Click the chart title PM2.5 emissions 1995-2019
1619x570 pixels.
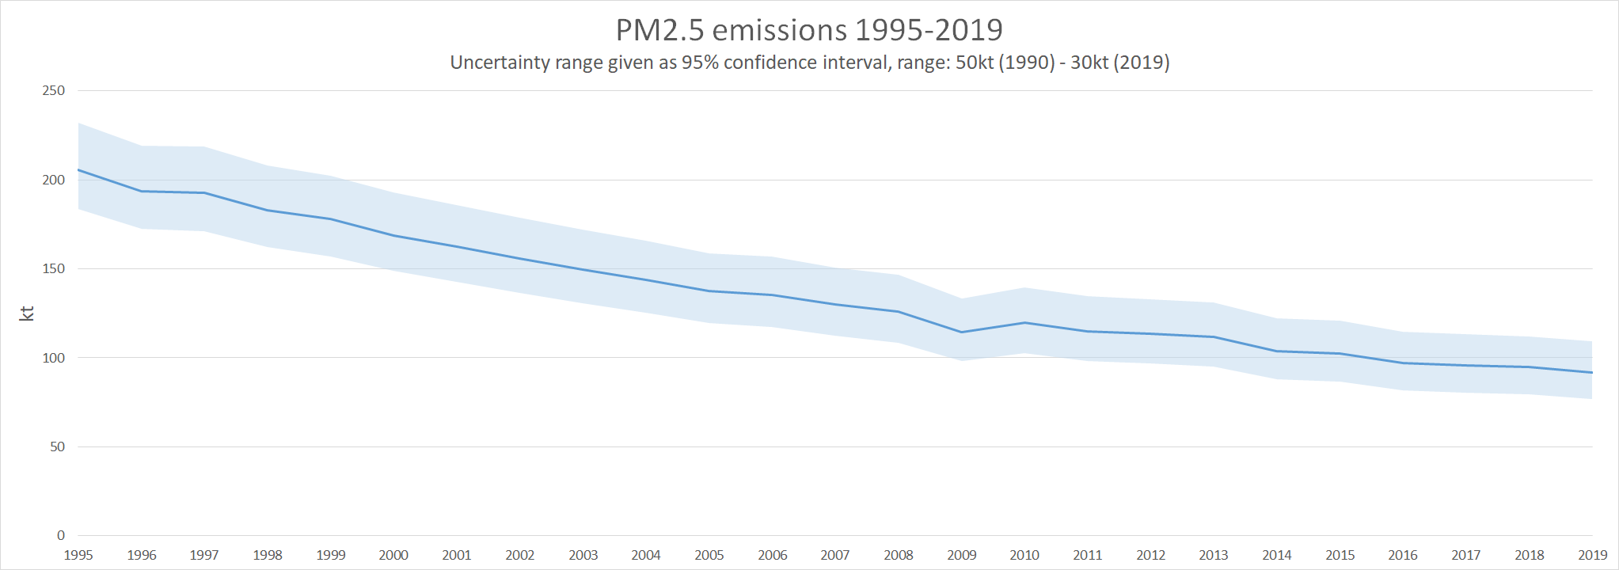(809, 30)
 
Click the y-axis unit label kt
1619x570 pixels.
(27, 313)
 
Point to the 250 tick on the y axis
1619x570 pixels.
(54, 91)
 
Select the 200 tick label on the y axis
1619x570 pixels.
(54, 180)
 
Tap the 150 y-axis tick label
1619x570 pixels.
(54, 269)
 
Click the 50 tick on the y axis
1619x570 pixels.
(57, 447)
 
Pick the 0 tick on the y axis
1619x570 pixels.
(61, 536)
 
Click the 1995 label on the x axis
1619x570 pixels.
(78, 556)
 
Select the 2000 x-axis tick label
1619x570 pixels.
(393, 556)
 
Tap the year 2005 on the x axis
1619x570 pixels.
(709, 556)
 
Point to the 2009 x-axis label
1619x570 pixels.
(962, 556)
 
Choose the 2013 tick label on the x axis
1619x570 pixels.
(1214, 556)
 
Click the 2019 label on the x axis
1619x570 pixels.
(1593, 556)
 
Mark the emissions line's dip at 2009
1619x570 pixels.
(962, 332)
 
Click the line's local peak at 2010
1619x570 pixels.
(1024, 322)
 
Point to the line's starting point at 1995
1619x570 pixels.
(78, 170)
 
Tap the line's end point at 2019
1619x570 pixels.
(1592, 372)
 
